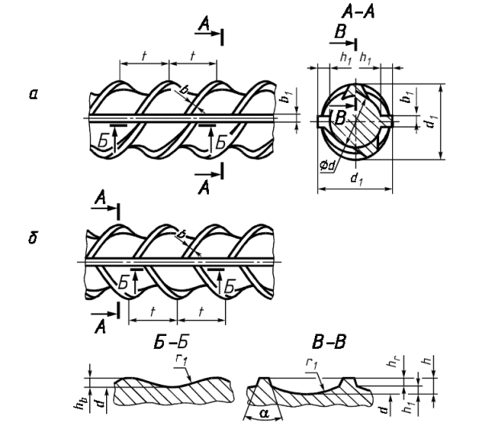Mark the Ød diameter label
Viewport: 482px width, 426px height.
point(326,166)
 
